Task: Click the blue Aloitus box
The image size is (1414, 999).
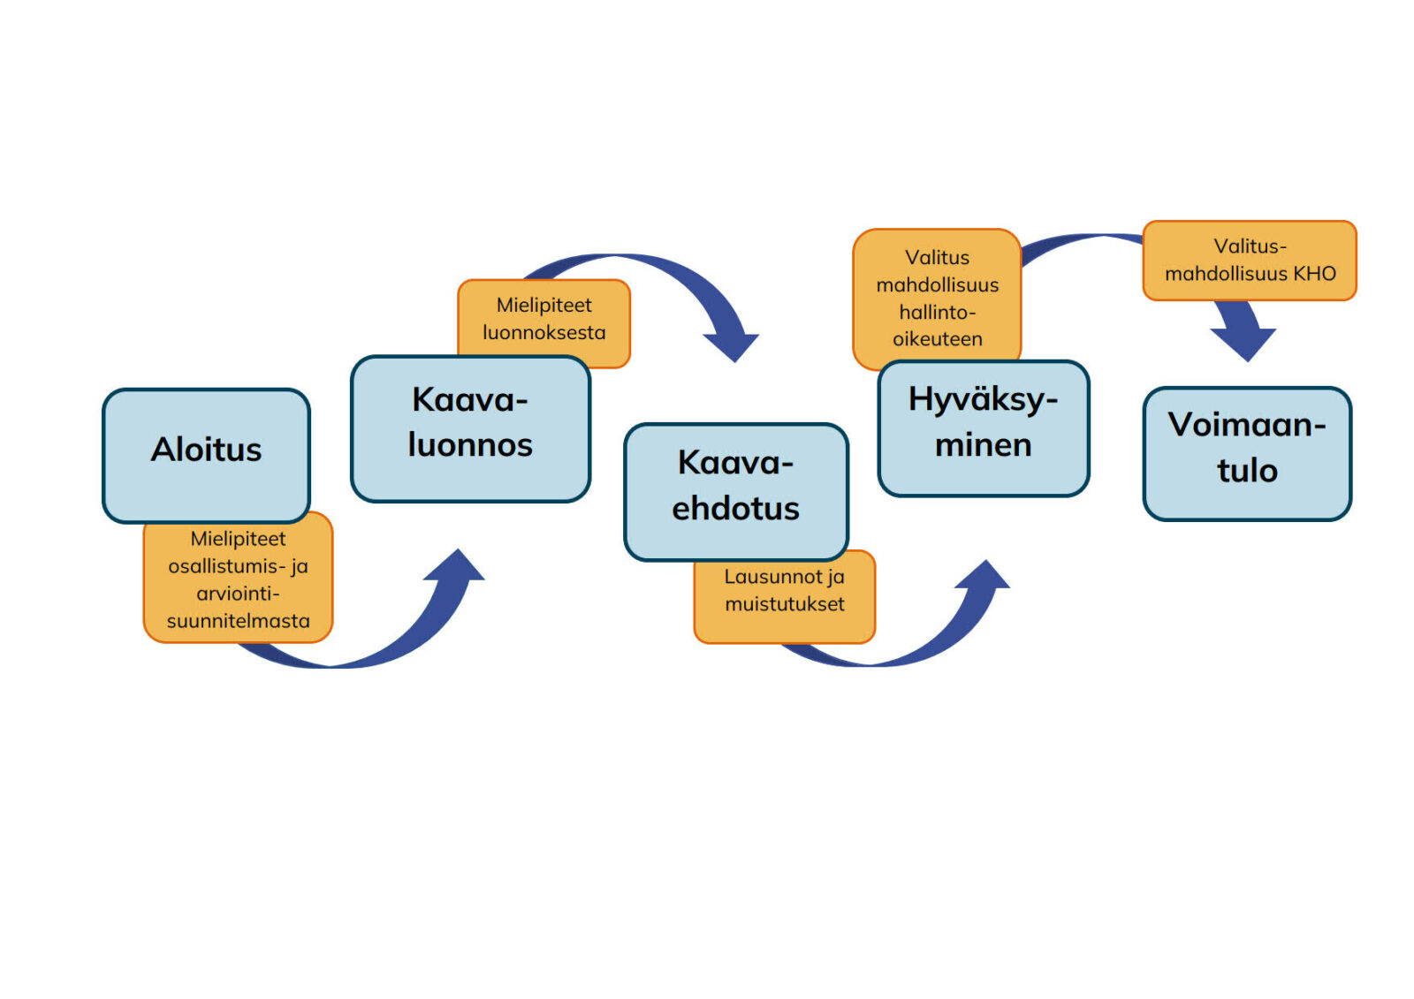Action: tap(206, 455)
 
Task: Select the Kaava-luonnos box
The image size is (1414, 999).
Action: tap(470, 428)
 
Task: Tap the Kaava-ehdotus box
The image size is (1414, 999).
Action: tap(735, 491)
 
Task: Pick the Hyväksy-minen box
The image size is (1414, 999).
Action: tap(983, 428)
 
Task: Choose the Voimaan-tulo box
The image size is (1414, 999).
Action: tap(1247, 453)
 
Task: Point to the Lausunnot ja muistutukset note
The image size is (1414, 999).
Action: tap(785, 597)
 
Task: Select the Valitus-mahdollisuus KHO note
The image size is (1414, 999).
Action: tap(1249, 260)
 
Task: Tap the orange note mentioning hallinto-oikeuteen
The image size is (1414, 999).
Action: tap(937, 298)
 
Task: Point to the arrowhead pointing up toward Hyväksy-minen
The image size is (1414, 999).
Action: tap(983, 577)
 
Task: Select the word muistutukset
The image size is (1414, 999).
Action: tap(785, 604)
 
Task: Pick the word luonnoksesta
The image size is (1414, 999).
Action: tap(544, 333)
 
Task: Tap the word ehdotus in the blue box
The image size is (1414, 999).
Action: tap(735, 509)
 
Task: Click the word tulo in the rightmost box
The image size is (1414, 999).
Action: tap(1247, 471)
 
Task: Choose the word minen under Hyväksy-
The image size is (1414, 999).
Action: tap(983, 445)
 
